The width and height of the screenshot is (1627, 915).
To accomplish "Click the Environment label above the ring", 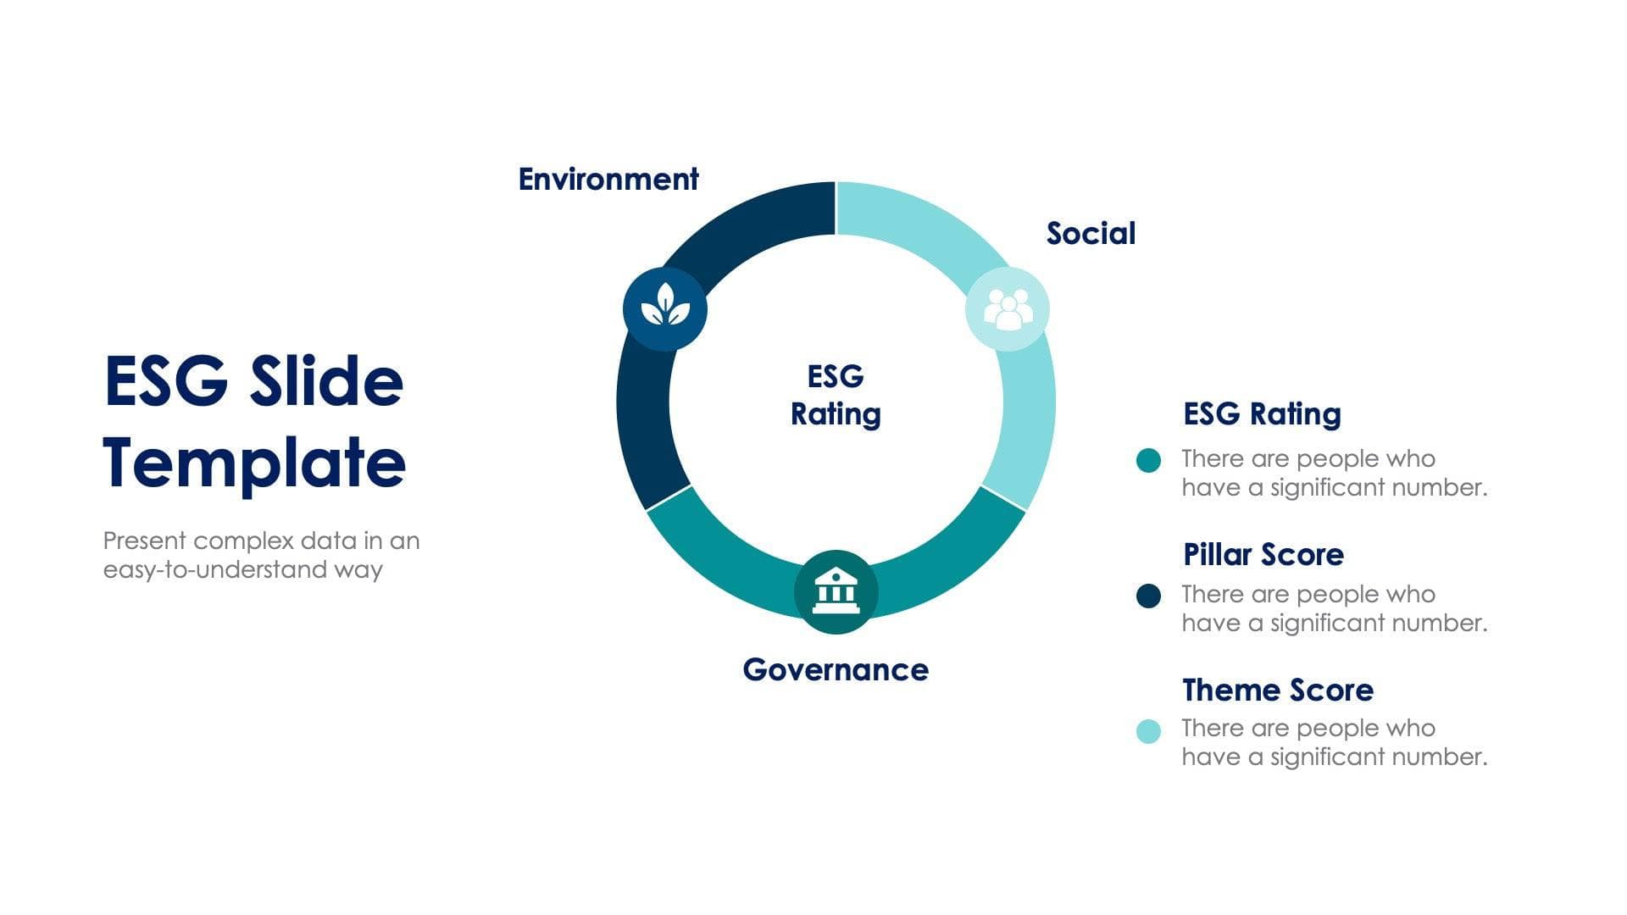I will coord(608,180).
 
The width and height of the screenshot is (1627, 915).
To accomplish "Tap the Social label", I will coord(1091,234).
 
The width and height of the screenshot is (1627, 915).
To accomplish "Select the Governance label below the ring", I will coord(836,670).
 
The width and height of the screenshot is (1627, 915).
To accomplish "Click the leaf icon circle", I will coord(665,308).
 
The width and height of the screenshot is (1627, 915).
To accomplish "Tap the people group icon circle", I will coord(1008,309).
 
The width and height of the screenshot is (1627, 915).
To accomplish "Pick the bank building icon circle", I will coord(836,591).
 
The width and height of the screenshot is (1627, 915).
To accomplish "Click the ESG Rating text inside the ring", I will coord(836,396).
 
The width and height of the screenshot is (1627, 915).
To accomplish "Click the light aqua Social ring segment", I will coord(1027,407).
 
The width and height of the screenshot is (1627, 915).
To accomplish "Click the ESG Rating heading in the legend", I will coord(1262,414).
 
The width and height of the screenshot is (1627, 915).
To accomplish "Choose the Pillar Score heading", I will coord(1263,555).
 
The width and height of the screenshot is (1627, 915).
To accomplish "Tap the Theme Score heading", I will coord(1277,690).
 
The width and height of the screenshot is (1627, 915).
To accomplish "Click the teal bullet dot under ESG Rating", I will coord(1148,461).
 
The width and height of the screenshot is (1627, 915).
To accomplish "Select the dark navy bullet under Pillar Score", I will coord(1148,596).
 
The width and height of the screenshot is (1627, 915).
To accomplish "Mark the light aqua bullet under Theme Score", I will coord(1148,731).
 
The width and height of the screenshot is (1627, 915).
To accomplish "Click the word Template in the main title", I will coord(254,463).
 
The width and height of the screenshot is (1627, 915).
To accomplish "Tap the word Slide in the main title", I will coord(326,381).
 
